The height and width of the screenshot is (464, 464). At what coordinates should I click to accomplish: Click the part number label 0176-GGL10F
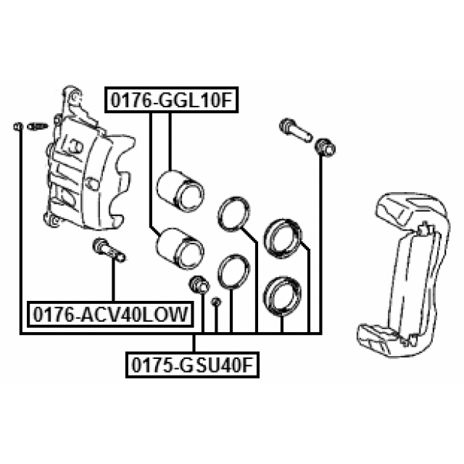tap(171, 100)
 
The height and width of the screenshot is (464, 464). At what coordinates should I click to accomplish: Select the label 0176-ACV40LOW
tap(110, 314)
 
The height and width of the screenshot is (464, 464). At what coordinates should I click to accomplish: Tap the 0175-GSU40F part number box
tap(193, 365)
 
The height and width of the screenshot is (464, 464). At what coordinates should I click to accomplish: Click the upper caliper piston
tap(180, 191)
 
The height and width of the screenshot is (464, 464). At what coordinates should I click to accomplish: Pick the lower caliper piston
tap(180, 249)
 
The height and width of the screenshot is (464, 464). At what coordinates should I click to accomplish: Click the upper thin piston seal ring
tap(233, 213)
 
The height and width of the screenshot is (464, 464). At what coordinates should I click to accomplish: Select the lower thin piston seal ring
tap(233, 270)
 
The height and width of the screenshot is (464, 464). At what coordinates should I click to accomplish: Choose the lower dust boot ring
tap(282, 297)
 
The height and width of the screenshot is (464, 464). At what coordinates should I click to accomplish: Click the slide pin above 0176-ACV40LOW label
tap(109, 251)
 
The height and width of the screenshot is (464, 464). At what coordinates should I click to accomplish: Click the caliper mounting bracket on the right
tap(403, 275)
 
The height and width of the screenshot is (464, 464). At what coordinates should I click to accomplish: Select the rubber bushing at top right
tap(325, 147)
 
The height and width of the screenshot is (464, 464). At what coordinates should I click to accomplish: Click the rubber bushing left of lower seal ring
tap(199, 283)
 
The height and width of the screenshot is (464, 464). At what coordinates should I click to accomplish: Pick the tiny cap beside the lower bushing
tap(216, 302)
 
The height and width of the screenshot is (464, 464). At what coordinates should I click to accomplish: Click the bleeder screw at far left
tap(37, 126)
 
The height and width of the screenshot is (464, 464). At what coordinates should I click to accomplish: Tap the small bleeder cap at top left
tap(18, 126)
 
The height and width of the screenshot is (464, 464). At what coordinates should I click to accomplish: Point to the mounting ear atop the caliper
tap(72, 96)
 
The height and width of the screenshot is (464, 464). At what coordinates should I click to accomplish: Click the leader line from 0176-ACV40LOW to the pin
tap(113, 282)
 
